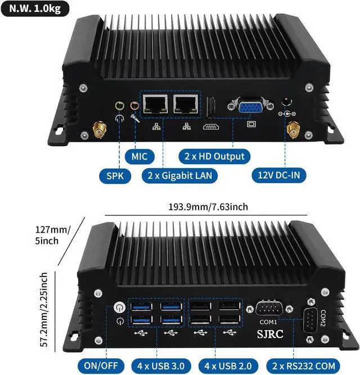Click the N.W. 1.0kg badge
coord(35,8)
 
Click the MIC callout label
coord(138,156)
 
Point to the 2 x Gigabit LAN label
coord(179,175)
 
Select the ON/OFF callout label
coord(101,365)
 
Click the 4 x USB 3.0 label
coord(157,365)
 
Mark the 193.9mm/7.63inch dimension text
coord(208,207)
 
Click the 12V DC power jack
coord(287,103)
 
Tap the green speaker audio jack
coord(119,105)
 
